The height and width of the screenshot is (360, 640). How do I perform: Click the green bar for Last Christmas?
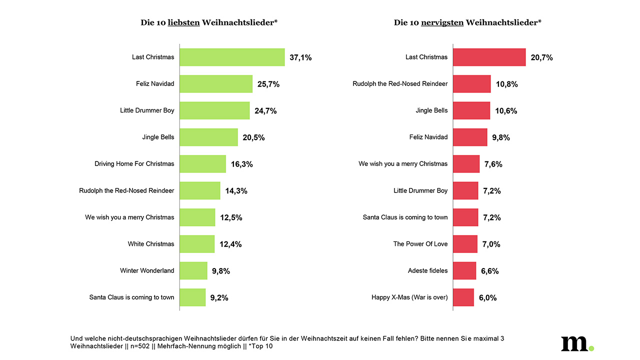[x=232, y=57]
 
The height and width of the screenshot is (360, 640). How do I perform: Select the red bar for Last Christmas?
[x=489, y=57]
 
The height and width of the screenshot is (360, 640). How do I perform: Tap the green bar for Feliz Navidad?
[x=216, y=84]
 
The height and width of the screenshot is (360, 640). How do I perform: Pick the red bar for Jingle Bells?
[x=471, y=110]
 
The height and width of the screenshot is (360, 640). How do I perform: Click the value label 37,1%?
[x=300, y=57]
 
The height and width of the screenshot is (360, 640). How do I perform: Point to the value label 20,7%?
[x=541, y=57]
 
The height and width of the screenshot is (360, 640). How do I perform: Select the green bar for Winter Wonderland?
[x=193, y=270]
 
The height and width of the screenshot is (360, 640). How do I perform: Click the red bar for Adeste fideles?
[x=464, y=270]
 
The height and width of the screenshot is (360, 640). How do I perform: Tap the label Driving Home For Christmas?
[x=134, y=163]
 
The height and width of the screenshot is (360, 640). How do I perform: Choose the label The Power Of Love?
[x=420, y=244]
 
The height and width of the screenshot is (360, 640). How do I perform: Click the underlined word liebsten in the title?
[x=184, y=22]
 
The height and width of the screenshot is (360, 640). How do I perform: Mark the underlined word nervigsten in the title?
[x=442, y=22]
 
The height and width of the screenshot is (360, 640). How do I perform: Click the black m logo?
[x=574, y=343]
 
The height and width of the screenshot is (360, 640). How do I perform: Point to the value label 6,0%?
[x=487, y=297]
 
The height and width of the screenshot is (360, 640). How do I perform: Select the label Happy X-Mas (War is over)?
[x=409, y=297]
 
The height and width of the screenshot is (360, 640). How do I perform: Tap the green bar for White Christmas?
[x=197, y=244]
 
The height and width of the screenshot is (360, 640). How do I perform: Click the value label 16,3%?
[x=241, y=164]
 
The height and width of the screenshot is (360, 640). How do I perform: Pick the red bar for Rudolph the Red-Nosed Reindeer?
[x=472, y=84]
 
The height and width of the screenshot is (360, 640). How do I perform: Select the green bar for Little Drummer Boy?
[x=214, y=110]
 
